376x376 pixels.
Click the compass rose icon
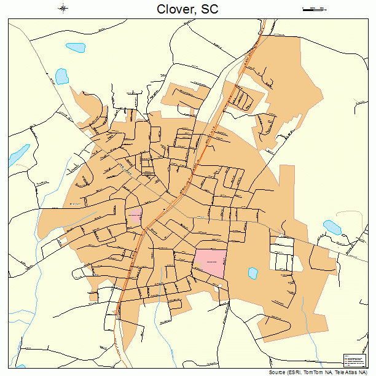coord(63,8)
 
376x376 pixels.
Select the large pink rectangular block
coord(210,262)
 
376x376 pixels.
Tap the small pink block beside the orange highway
coord(135,216)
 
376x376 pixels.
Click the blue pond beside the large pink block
coord(252,272)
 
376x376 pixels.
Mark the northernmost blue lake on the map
coord(76,47)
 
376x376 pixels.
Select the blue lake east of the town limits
coord(332,227)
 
